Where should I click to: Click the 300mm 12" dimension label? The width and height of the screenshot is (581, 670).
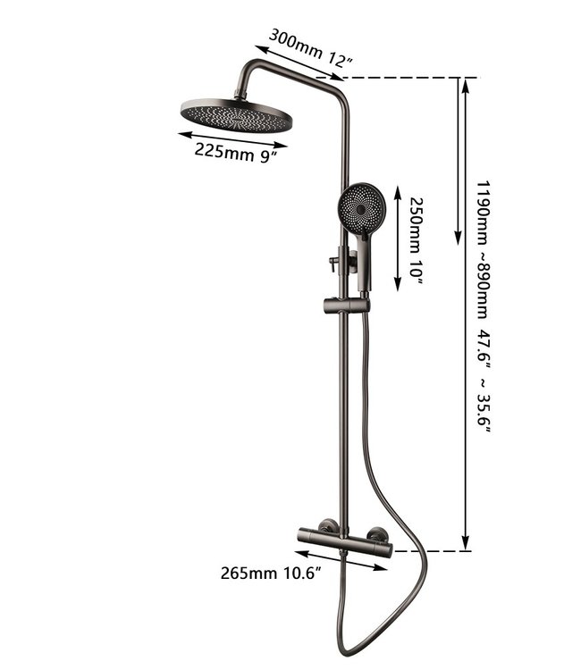click(311, 48)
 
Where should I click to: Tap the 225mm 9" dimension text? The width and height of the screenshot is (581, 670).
click(236, 153)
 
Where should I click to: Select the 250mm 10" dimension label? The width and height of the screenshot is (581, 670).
click(416, 241)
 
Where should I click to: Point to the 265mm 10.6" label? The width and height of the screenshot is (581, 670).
click(271, 573)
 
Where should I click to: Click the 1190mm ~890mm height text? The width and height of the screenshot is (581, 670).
click(483, 249)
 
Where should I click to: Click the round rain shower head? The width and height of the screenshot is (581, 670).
click(236, 115)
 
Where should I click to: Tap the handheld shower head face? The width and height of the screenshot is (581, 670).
click(362, 209)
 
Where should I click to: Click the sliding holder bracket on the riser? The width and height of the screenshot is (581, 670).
click(346, 306)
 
